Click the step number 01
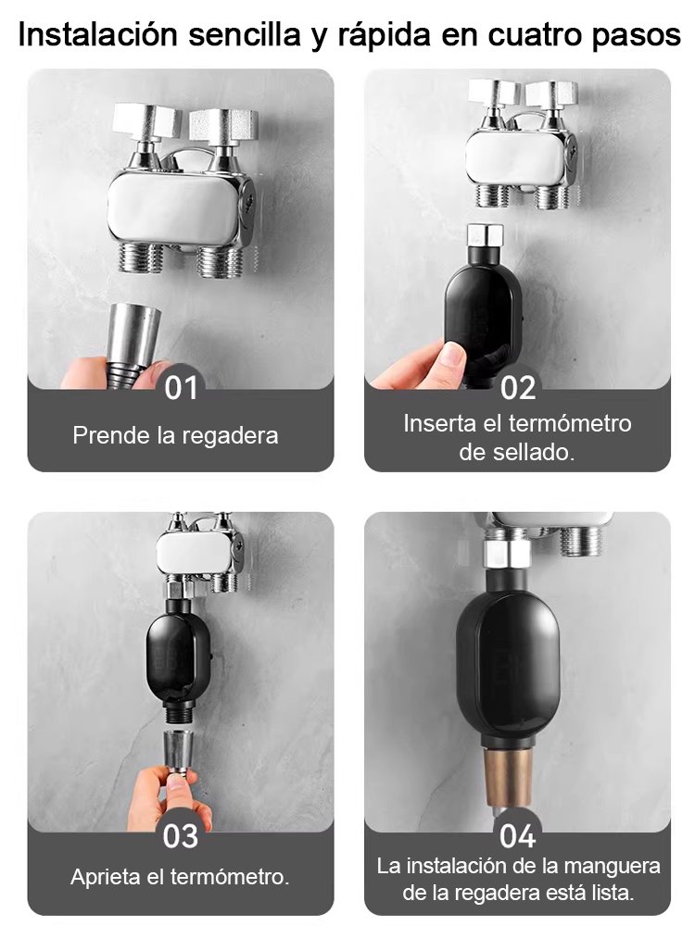[181, 387]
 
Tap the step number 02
[518, 387]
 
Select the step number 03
[181, 835]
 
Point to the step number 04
[518, 835]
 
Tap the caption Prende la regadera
[175, 434]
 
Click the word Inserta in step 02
[439, 423]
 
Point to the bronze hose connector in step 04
[507, 773]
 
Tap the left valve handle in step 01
[147, 121]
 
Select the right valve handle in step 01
[223, 124]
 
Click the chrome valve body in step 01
[176, 208]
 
